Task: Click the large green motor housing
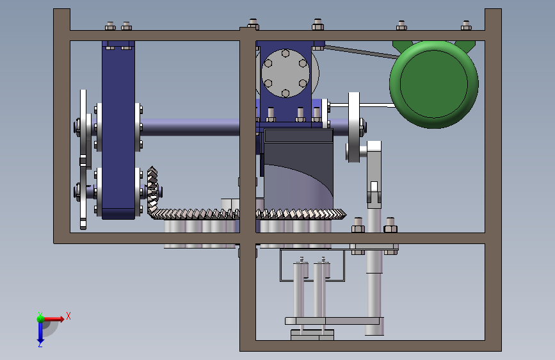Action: click(434, 85)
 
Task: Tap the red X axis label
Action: click(68, 316)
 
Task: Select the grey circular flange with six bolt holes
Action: click(286, 73)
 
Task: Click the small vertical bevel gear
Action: click(152, 191)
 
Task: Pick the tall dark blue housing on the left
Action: click(118, 129)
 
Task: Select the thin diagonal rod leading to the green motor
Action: click(360, 52)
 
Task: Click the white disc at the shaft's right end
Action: click(353, 127)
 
